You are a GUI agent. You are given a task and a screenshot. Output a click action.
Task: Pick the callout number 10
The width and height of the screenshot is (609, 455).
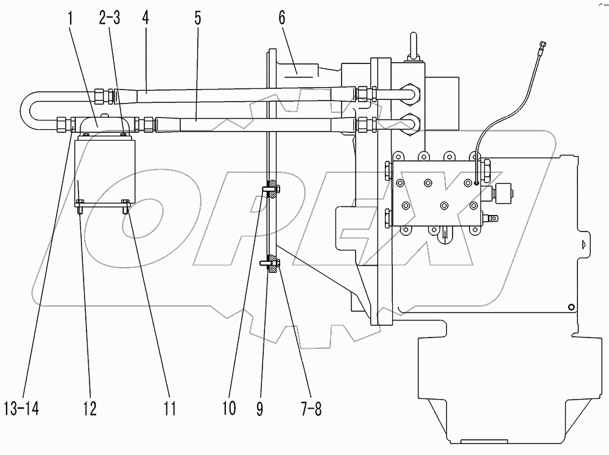tap(228, 409)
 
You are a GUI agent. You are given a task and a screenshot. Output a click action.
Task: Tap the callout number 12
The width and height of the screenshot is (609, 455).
tap(90, 409)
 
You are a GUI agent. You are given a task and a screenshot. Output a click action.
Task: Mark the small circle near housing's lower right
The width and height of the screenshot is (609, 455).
tap(570, 306)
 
